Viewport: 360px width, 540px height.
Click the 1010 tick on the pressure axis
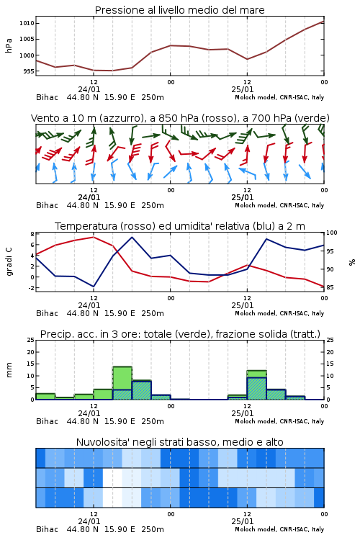click(27, 24)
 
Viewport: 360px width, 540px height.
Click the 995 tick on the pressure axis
click(28, 71)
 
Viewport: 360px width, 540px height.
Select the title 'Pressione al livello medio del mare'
click(180, 10)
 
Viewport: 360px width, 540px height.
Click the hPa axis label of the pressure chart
click(9, 45)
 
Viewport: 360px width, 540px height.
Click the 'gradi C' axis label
click(9, 261)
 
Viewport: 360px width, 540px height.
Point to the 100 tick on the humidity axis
click(332, 233)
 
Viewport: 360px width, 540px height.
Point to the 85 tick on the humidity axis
click(330, 287)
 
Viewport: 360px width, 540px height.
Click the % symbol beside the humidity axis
click(352, 262)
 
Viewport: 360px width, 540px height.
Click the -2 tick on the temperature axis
click(31, 288)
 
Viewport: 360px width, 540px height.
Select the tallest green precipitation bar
click(122, 383)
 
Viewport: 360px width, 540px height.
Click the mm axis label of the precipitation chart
click(9, 370)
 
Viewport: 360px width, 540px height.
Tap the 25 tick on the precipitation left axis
click(31, 341)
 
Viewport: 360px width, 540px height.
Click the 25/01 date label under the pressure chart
click(243, 89)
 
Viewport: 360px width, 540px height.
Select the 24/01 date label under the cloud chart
click(89, 521)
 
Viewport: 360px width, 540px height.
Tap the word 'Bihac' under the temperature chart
click(48, 313)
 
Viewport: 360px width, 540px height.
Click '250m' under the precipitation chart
click(153, 421)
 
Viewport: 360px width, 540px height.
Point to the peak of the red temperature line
click(94, 237)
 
